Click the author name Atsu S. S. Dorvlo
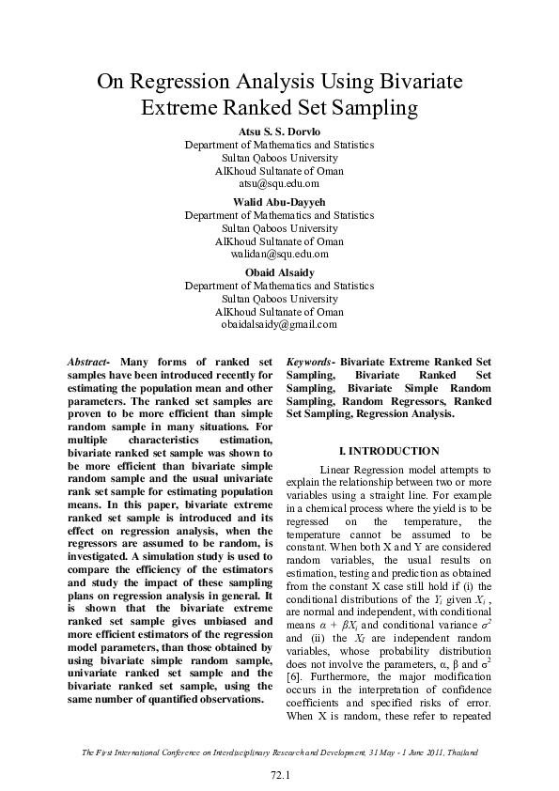(279, 132)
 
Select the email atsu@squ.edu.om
(279, 184)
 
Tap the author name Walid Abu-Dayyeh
(279, 202)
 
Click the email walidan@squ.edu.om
(279, 254)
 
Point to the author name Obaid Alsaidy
(279, 272)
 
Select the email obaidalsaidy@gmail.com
(279, 324)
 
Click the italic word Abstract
(88, 362)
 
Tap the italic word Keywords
(310, 362)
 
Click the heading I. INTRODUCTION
(388, 451)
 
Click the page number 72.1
(279, 775)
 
